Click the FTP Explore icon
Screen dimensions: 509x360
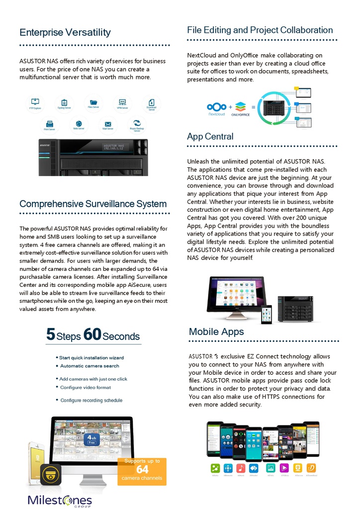(35, 102)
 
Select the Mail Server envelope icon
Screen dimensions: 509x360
(108, 124)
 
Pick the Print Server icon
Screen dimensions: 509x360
(49, 124)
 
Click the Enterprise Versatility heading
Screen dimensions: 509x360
(65, 33)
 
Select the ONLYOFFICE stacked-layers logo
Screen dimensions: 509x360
(241, 106)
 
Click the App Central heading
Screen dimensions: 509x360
(210, 137)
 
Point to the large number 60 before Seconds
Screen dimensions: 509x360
(92, 335)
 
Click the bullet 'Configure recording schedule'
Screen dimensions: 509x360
(91, 400)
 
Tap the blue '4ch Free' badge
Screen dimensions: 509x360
(92, 439)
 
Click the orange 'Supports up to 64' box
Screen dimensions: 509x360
(142, 471)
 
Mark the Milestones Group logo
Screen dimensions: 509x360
(60, 500)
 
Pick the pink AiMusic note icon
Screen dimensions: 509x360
(241, 468)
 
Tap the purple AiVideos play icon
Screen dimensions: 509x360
(284, 468)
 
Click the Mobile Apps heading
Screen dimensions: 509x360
(216, 332)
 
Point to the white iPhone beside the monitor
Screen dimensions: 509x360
(36, 462)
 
